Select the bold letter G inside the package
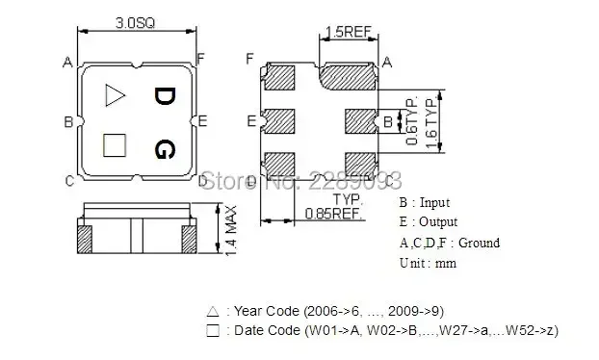[x=165, y=149]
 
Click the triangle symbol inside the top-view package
[x=115, y=94]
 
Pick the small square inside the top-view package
[x=115, y=145]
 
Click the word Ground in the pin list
[x=479, y=243]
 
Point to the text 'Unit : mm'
[x=427, y=263]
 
